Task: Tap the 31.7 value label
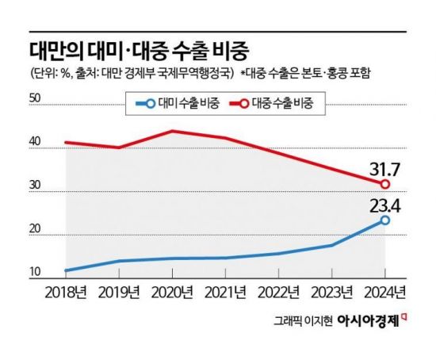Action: [x=384, y=169]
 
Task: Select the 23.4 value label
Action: [x=384, y=205]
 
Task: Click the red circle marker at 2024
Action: [x=385, y=184]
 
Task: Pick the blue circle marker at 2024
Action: [x=385, y=220]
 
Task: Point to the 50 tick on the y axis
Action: [x=34, y=98]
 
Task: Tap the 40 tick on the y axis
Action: [x=34, y=142]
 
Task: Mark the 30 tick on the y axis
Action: [x=34, y=186]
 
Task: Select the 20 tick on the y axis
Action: [x=34, y=229]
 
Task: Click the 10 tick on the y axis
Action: [x=34, y=273]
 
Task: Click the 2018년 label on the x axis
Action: [x=66, y=290]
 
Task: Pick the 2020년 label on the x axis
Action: [x=174, y=290]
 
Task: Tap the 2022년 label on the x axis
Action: [x=281, y=290]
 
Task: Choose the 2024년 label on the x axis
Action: [x=386, y=290]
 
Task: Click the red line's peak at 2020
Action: [x=174, y=130]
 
